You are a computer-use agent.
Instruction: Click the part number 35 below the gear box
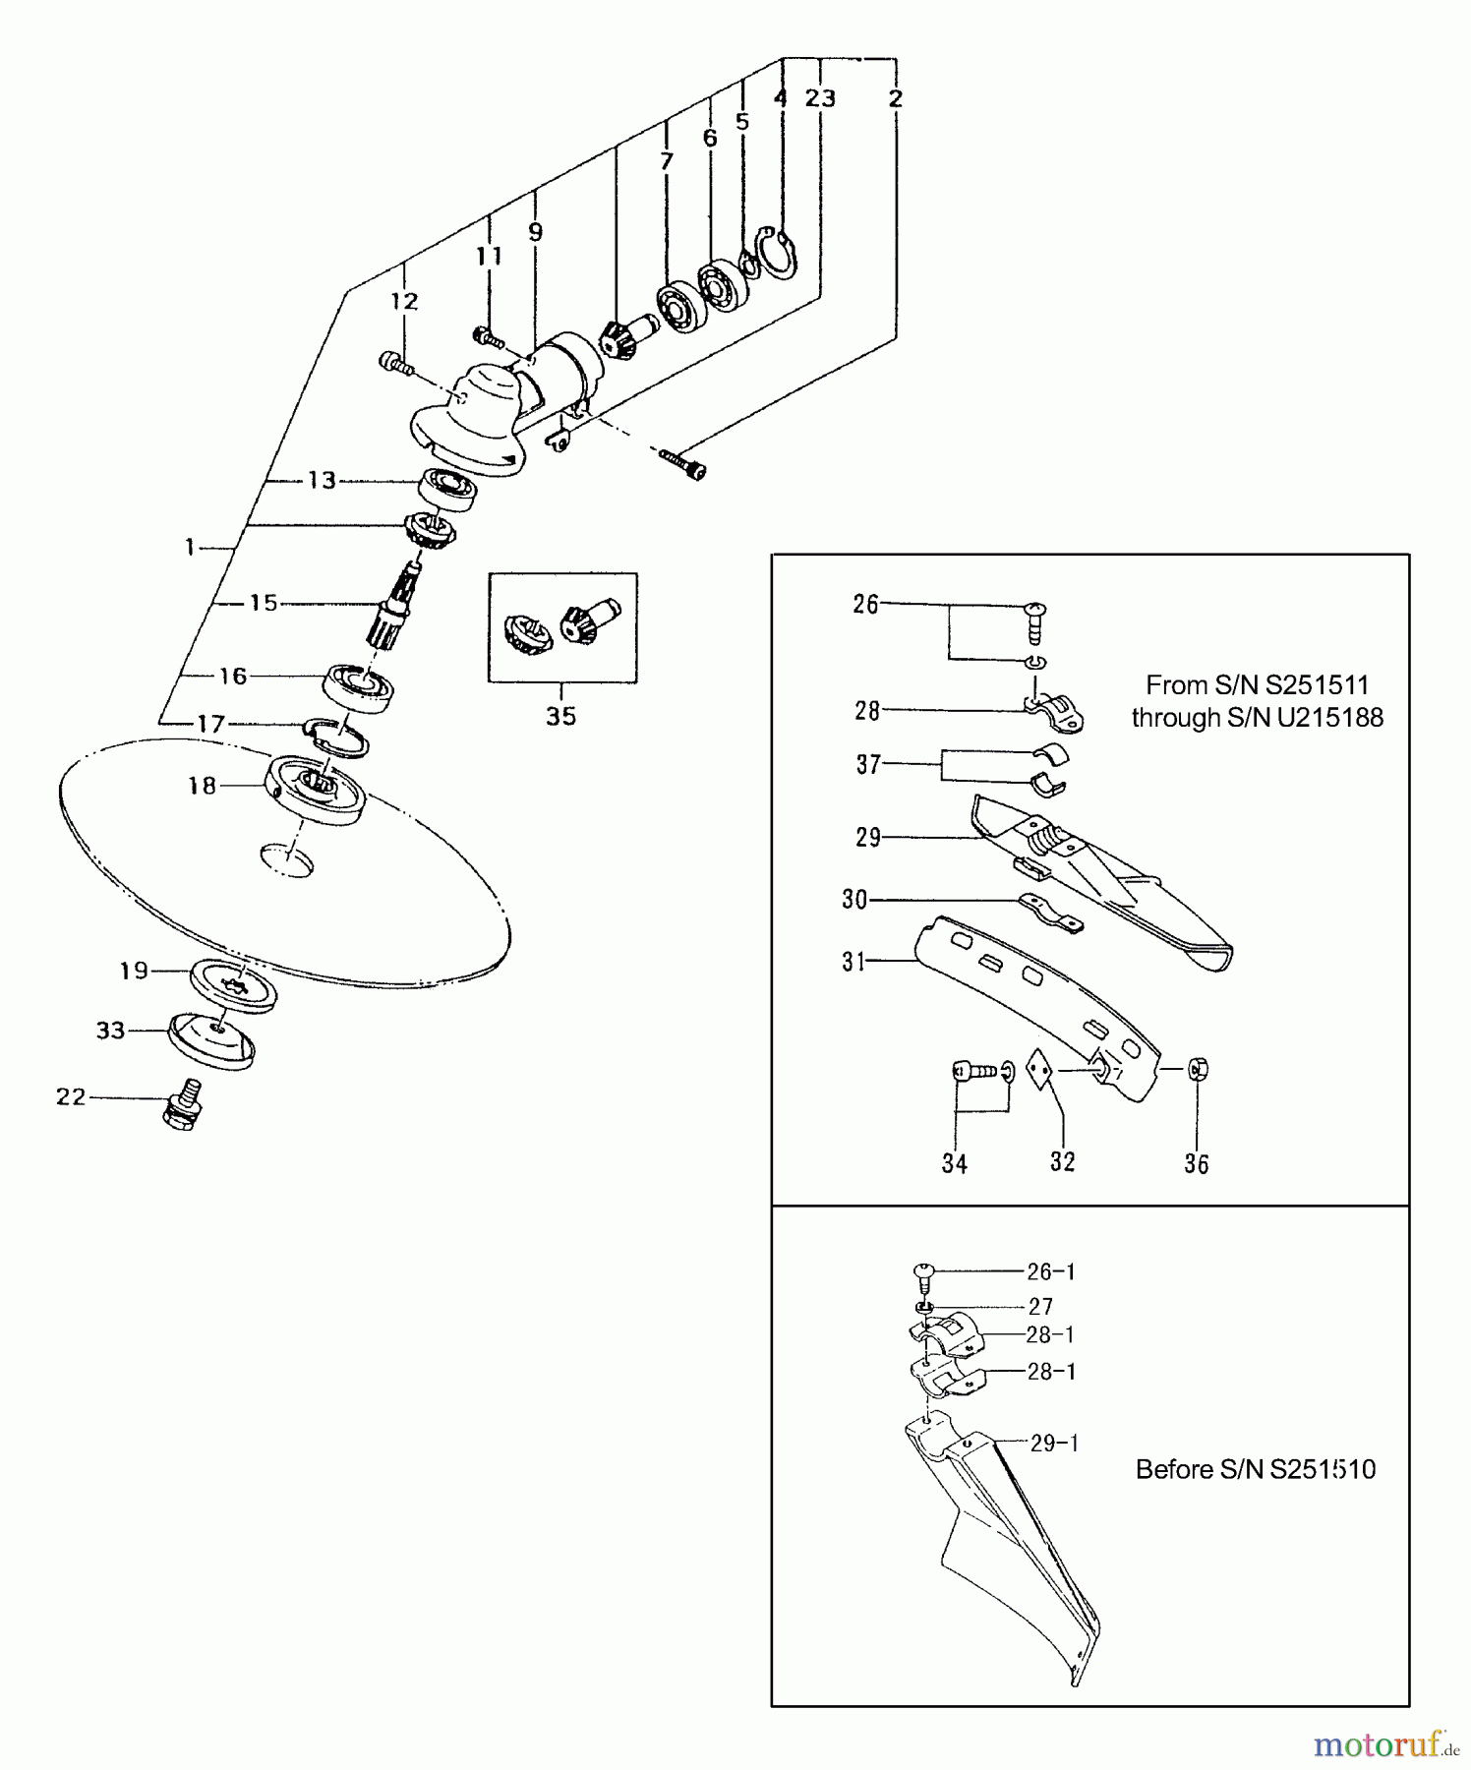pos(560,716)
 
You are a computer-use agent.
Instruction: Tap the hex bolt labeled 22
pos(185,1104)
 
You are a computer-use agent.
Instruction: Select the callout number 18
pos(202,786)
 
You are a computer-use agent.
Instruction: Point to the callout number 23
pos(820,98)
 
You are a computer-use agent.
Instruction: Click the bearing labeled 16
pos(359,686)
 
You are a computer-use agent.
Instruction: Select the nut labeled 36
pos(1198,1069)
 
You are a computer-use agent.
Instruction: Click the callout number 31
pos(853,961)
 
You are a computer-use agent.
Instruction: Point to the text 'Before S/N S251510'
pos(1256,1469)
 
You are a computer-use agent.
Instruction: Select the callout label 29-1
pos(1054,1444)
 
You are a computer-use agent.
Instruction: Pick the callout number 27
pos(1040,1307)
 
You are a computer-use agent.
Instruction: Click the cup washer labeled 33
pos(211,1040)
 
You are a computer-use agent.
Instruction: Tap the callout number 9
pos(535,232)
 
